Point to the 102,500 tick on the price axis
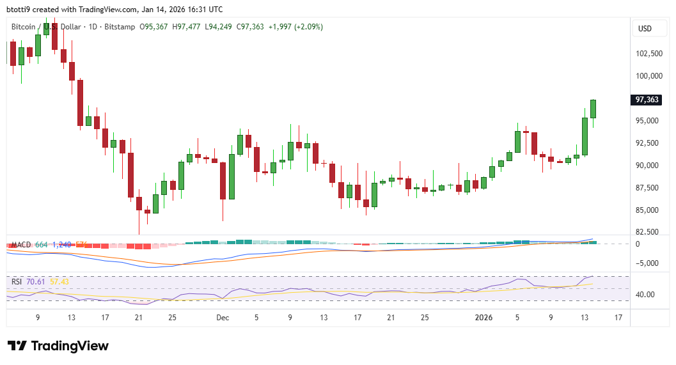648,54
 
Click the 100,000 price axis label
648,76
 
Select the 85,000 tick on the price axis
648,210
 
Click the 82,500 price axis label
648,231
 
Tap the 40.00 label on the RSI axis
645,295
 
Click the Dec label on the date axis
222,317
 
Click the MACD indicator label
21,245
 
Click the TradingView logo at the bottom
58,346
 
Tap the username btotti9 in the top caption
19,9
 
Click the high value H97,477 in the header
185,27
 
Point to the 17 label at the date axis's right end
618,317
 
